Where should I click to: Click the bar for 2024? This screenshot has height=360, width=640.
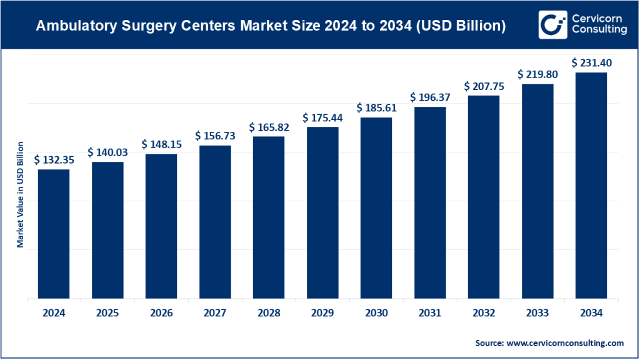point(54,234)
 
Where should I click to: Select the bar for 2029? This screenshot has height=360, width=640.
point(322,213)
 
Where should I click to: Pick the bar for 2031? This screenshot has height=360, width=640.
point(429,203)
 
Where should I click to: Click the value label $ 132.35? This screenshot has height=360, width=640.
point(54,160)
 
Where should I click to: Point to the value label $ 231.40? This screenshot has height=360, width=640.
point(591,63)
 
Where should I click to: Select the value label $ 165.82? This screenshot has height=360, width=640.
point(269,127)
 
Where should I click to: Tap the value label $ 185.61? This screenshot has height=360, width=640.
point(376,108)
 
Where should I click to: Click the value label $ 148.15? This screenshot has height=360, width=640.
point(161,144)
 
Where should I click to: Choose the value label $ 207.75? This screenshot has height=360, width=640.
point(484,86)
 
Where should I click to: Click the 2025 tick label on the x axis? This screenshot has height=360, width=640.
point(107,313)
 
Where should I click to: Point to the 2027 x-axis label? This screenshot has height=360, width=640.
point(215,313)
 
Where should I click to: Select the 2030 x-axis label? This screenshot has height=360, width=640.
point(376,313)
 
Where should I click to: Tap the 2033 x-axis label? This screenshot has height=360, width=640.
point(537,313)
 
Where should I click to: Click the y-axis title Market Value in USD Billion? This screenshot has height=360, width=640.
point(20,194)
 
